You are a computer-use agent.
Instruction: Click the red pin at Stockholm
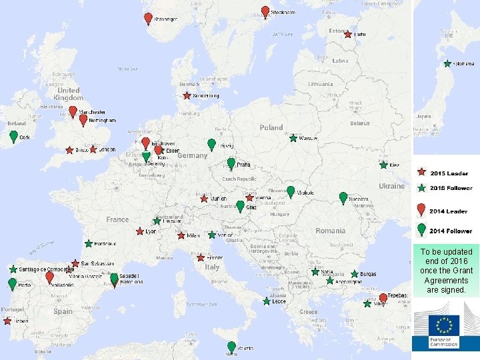(265, 11)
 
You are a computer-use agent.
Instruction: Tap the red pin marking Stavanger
(148, 18)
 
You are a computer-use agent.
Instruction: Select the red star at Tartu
(348, 34)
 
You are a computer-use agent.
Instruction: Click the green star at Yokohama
(448, 64)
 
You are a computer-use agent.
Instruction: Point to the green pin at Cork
(13, 136)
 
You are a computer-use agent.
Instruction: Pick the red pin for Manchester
(73, 111)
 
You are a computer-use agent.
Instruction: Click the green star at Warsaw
(293, 138)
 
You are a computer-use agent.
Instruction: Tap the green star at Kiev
(384, 165)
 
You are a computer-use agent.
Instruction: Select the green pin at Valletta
(231, 347)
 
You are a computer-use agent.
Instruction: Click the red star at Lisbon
(7, 321)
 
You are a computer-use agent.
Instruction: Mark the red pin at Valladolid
(49, 277)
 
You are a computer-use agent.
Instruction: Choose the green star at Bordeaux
(89, 244)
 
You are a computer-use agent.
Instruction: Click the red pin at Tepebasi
(383, 298)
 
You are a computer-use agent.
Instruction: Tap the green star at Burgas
(354, 274)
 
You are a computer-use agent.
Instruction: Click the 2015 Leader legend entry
(443, 173)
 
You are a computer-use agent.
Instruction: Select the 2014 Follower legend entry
(443, 231)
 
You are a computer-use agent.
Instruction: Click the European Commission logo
(444, 329)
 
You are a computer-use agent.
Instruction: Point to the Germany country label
(192, 155)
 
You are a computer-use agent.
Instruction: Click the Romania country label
(331, 231)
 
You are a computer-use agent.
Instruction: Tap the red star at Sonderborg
(187, 95)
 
